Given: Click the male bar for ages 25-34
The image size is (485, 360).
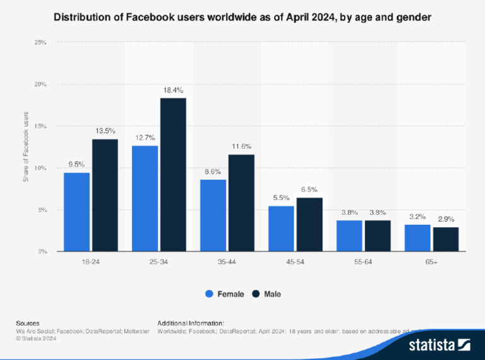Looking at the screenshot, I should click(x=173, y=175).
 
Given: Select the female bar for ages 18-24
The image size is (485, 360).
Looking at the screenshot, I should click(x=76, y=212).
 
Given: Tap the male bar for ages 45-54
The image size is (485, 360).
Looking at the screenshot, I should click(x=309, y=225).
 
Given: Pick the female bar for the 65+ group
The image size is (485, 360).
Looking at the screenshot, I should click(x=417, y=238).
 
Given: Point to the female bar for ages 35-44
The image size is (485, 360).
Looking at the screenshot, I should click(x=213, y=215).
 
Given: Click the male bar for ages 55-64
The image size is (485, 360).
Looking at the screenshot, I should click(x=378, y=236).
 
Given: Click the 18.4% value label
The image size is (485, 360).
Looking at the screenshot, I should click(x=173, y=91).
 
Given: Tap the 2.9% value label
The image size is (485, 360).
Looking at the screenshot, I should click(x=446, y=219).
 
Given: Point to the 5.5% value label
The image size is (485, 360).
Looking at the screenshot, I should click(x=281, y=198).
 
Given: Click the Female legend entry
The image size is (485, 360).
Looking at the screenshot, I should click(x=225, y=294).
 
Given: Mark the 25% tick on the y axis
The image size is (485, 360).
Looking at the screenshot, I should click(x=39, y=42).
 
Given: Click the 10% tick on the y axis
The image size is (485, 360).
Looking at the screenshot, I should click(x=39, y=168).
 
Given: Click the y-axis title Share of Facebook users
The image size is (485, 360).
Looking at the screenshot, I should click(x=26, y=147).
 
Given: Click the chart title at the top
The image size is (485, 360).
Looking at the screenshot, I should click(x=242, y=18).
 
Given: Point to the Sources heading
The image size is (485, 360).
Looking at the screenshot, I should click(x=28, y=323).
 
